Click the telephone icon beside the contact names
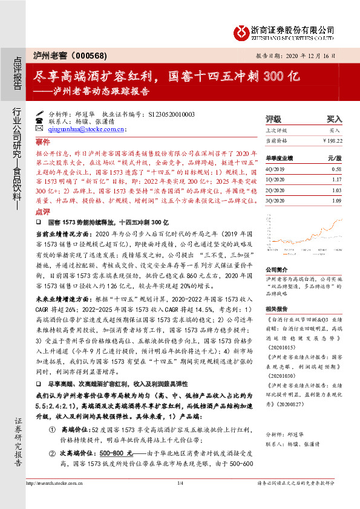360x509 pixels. (39, 121)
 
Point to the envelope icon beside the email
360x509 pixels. (39, 129)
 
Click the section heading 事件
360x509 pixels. (42, 142)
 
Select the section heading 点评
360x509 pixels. (42, 212)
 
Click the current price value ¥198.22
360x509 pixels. (332, 140)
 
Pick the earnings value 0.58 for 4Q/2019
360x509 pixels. (336, 170)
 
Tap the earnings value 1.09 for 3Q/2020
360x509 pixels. (336, 200)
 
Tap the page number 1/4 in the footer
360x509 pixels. (180, 483)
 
